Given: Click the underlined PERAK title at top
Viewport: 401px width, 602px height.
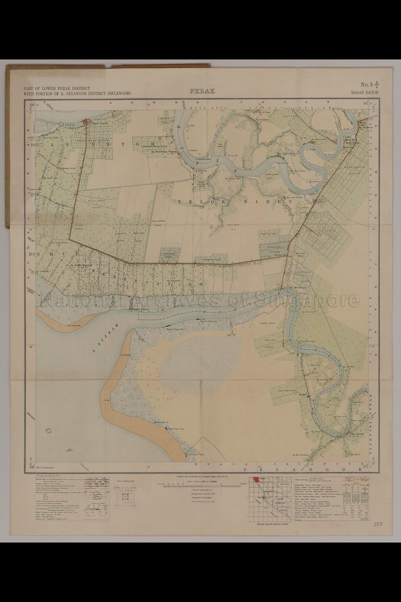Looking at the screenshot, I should click(202, 91).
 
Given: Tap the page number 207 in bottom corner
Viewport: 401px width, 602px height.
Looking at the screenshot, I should click(378, 524).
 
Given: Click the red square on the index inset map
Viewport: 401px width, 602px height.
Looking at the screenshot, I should click(256, 479).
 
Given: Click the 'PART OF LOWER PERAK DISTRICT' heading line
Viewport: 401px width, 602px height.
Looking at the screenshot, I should click(57, 89).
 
